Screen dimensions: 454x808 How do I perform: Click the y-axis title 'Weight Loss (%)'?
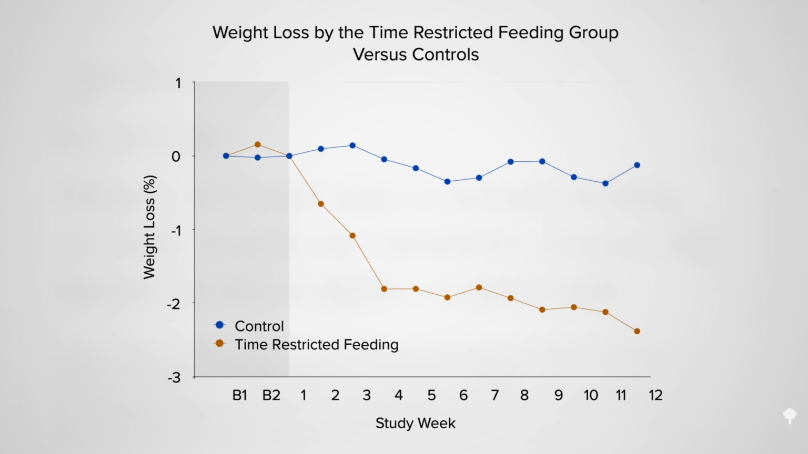(150, 227)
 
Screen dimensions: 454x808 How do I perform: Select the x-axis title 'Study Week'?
(415, 423)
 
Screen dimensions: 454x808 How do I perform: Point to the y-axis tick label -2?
(173, 304)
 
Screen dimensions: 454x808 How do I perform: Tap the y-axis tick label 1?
(178, 83)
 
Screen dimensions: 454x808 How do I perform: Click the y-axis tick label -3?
(173, 377)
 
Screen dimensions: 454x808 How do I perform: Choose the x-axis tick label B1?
(240, 395)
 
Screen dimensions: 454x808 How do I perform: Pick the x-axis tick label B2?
(271, 395)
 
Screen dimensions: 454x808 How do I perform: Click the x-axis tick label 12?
(655, 395)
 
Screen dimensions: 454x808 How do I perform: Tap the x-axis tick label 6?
(463, 395)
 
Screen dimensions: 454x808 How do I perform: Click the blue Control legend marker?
(220, 325)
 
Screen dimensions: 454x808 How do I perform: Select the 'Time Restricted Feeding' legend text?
(316, 345)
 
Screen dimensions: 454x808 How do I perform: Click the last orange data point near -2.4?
(637, 331)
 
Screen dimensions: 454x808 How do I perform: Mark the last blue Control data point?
(637, 165)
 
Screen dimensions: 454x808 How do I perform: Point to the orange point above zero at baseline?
(258, 145)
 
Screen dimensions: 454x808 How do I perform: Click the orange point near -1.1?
(352, 235)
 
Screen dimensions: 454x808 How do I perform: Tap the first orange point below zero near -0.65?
(321, 204)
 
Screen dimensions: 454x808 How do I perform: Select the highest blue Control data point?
(352, 146)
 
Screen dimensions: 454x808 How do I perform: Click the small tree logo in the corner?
(790, 416)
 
